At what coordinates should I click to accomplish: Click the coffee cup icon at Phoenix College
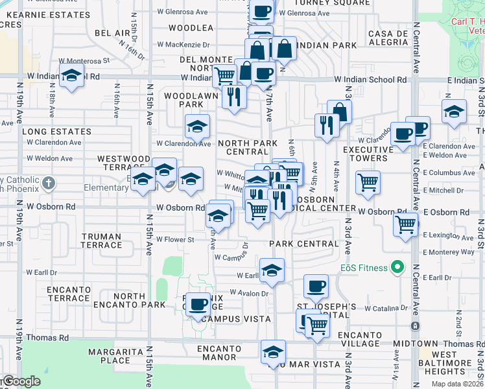(x=198, y=303)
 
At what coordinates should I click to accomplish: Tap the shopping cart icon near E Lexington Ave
(x=406, y=226)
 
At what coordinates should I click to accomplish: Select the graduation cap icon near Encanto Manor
(x=273, y=352)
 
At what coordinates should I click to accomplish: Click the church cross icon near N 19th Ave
(x=49, y=182)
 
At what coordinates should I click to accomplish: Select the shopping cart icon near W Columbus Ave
(x=368, y=182)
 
